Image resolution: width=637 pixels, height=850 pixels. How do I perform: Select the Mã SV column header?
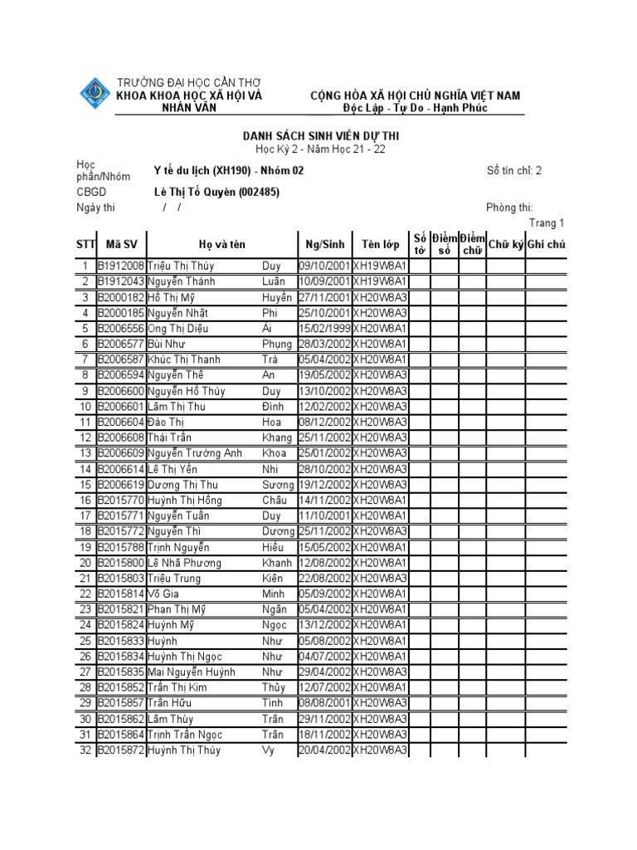pos(121,244)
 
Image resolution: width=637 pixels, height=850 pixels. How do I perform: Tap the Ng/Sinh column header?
pos(324,244)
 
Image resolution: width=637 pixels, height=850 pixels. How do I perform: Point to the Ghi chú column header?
pos(546,244)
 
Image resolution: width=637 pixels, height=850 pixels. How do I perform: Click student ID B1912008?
pos(121,266)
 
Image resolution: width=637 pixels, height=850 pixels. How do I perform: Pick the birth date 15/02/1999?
pos(324,329)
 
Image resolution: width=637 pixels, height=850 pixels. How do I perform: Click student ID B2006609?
pos(121,453)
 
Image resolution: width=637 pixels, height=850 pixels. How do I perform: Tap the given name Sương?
pos(277,485)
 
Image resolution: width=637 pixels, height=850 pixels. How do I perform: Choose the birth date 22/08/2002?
pos(324,579)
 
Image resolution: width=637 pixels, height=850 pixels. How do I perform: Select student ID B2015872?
pos(121,750)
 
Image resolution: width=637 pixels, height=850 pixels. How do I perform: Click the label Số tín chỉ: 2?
pos(514,171)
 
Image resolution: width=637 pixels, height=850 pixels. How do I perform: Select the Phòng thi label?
pos(509,208)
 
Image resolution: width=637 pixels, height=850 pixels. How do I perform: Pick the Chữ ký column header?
pos(505,244)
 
